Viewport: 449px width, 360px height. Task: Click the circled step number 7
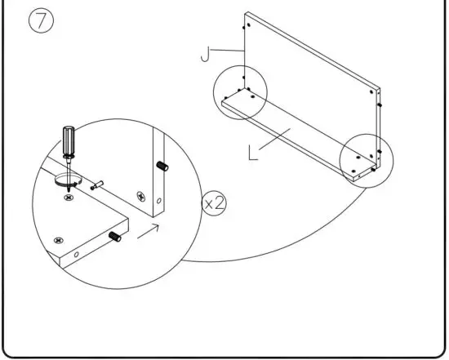(41, 22)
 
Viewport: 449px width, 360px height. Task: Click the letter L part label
(254, 151)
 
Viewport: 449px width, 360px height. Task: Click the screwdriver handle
(68, 140)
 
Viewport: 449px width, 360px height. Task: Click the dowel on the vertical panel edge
(162, 167)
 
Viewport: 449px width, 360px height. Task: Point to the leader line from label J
(229, 51)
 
